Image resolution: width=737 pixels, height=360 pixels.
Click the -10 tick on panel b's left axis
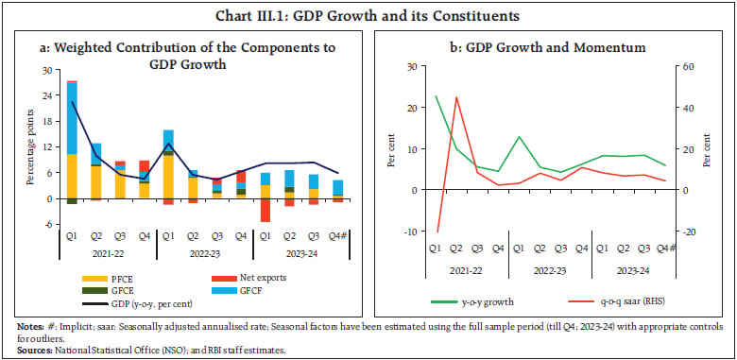pyautogui.click(x=410, y=232)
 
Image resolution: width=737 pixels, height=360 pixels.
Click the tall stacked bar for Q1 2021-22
pyautogui.click(x=72, y=142)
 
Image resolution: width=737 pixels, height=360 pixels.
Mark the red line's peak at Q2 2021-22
pyautogui.click(x=456, y=96)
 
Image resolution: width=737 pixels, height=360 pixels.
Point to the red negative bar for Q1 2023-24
pyautogui.click(x=266, y=211)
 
